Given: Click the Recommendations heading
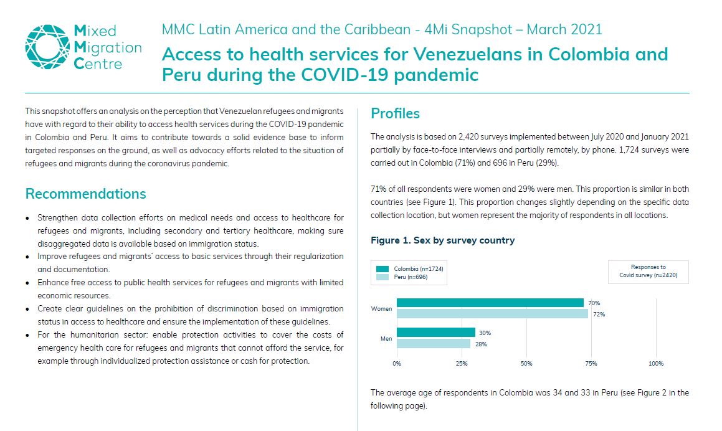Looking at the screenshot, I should click(x=85, y=194).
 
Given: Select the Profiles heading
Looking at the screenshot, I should click(x=395, y=113).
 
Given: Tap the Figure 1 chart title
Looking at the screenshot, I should click(x=442, y=240).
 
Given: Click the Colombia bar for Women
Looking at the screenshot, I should click(x=490, y=303).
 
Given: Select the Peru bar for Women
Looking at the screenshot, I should click(x=492, y=314).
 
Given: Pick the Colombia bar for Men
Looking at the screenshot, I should click(x=435, y=333).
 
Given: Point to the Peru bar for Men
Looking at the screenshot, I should click(x=433, y=343).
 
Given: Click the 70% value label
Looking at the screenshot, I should click(x=594, y=303).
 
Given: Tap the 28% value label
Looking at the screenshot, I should click(x=482, y=344).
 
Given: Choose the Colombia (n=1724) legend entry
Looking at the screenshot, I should click(x=412, y=268).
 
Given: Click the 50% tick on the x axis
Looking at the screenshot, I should click(x=526, y=364).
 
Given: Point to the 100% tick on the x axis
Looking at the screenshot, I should click(x=656, y=364).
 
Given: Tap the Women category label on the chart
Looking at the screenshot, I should click(x=381, y=308).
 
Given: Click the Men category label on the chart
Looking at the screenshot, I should click(x=386, y=338).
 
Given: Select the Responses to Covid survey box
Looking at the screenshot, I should click(x=648, y=272).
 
